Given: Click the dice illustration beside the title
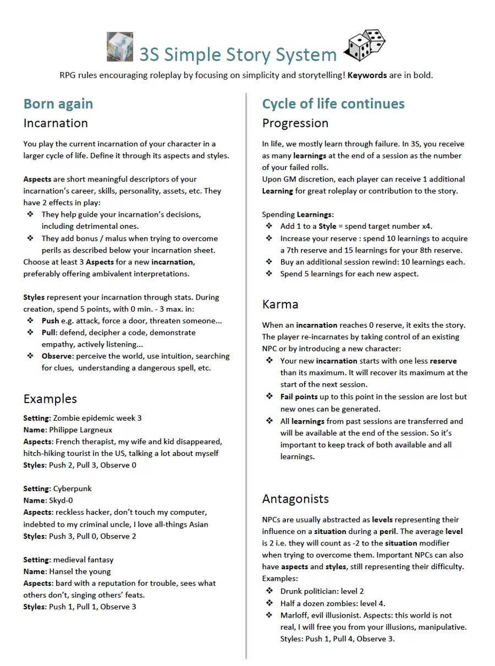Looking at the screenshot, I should tap(365, 46).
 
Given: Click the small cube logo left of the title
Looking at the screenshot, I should tap(120, 47).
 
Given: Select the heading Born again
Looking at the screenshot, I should tap(58, 104).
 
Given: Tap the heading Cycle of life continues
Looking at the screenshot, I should tap(333, 104).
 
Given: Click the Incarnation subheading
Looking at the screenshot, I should tap(56, 123).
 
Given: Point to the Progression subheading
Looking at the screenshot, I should tap(295, 123).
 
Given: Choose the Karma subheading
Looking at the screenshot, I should tap(280, 304).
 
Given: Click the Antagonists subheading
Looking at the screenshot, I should tap(295, 499).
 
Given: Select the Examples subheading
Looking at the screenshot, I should tap(50, 399).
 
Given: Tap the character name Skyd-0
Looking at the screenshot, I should tap(61, 500).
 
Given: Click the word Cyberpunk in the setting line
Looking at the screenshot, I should tap(73, 488).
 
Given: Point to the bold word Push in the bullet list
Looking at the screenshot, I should tap(51, 321).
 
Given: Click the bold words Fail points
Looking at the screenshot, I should tap(299, 397).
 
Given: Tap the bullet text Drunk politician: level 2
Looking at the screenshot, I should tap(322, 591).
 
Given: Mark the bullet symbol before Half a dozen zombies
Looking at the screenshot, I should tap(269, 603).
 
